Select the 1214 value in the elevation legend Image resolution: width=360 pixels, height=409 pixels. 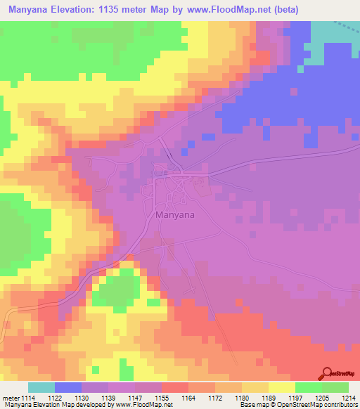(x=349, y=398)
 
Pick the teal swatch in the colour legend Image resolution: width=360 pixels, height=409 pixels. (x=41, y=387)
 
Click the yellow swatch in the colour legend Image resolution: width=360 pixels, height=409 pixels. (x=282, y=387)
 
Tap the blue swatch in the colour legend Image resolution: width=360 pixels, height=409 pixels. (x=68, y=387)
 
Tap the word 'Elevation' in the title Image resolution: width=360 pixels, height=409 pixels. (x=79, y=10)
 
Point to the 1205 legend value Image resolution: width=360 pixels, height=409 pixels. (x=322, y=398)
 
